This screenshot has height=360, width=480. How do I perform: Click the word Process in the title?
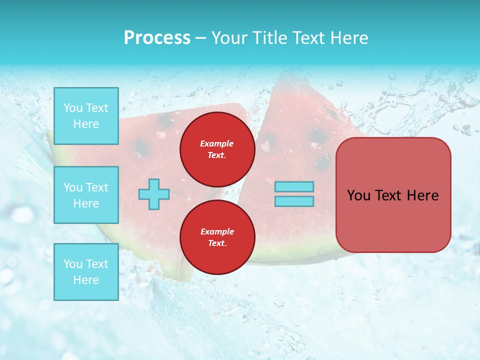(157, 38)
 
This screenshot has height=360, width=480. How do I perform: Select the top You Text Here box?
(86, 116)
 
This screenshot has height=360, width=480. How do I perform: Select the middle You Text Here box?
(86, 195)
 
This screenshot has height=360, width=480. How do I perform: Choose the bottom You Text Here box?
(86, 271)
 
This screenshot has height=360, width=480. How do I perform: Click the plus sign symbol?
(154, 194)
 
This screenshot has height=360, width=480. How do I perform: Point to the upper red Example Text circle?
(217, 149)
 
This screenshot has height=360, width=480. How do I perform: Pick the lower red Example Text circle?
(217, 237)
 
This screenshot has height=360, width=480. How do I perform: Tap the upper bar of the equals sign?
(294, 187)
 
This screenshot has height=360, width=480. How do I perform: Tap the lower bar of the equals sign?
(294, 201)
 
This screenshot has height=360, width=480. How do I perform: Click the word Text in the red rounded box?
(388, 195)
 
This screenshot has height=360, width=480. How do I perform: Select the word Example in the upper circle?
(216, 143)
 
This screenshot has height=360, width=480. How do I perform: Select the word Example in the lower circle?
(216, 231)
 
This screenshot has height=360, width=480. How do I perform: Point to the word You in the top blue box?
(72, 108)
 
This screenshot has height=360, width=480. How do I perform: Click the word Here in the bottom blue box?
(86, 280)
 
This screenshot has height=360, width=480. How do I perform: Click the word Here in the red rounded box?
(422, 195)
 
